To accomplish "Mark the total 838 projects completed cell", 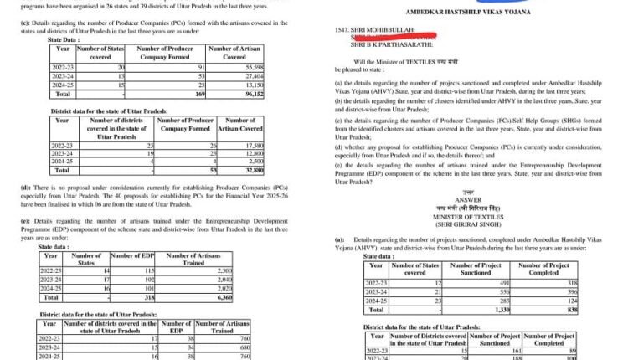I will (x=549, y=310).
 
